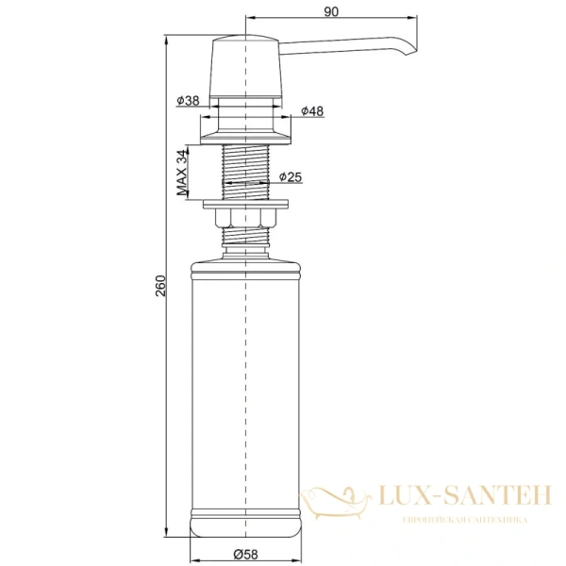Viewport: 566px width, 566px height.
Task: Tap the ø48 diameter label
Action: tap(312, 112)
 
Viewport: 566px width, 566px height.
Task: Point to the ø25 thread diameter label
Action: tap(291, 176)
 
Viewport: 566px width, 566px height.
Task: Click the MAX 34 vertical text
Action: tap(181, 172)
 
